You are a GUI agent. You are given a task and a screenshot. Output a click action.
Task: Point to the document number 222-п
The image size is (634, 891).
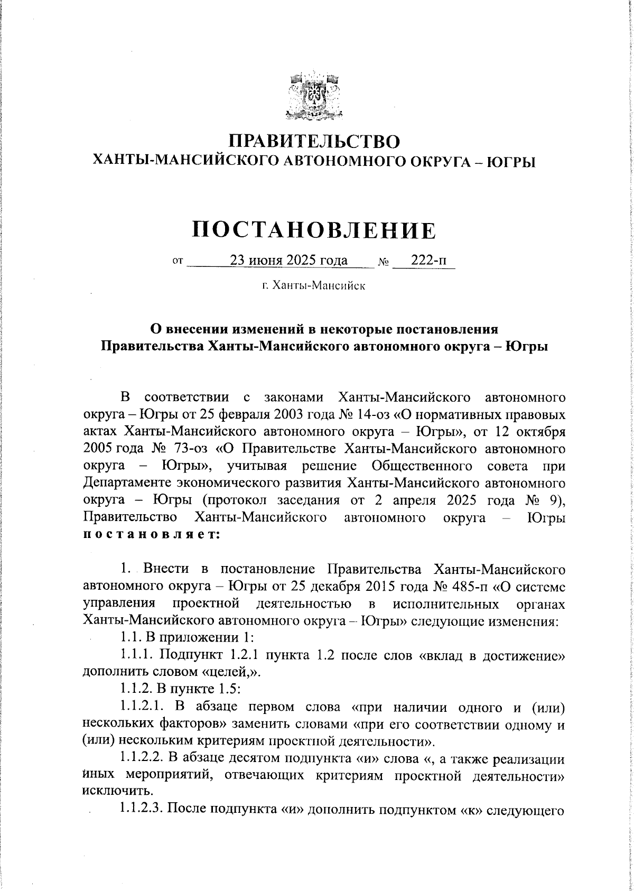(428, 261)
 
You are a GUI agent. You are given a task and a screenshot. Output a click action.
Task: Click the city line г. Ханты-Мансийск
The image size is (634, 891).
(314, 286)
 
